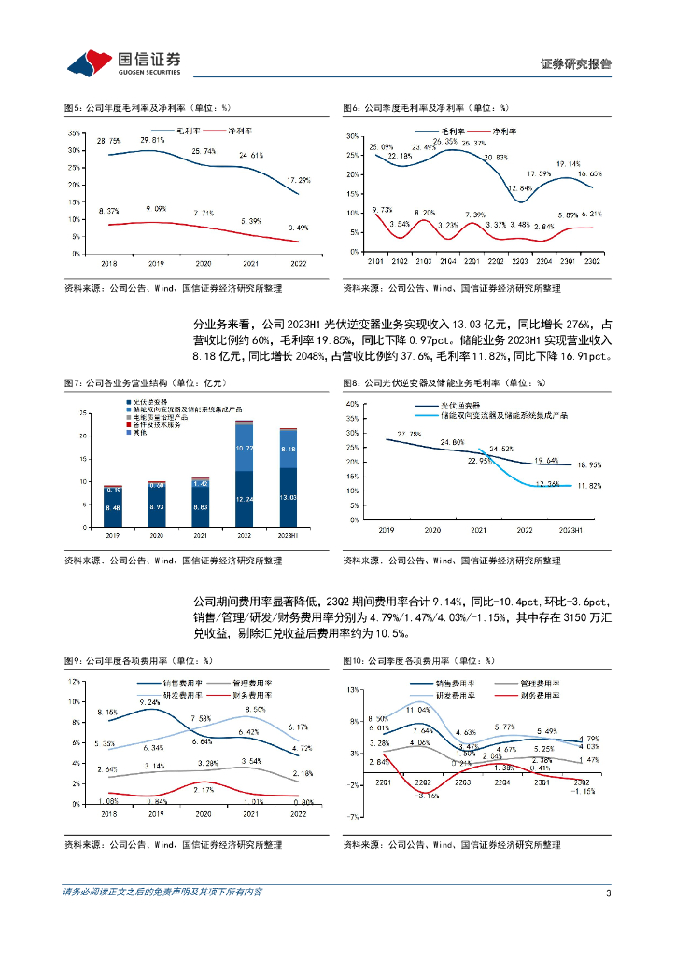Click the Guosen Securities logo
(122, 62)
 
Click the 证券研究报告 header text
(576, 64)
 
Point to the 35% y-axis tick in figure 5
(74, 133)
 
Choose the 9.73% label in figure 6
(381, 210)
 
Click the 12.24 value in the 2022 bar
(245, 500)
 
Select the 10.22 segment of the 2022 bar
(245, 448)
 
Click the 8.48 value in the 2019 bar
(112, 507)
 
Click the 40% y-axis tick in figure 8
(353, 404)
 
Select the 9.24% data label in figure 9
(150, 702)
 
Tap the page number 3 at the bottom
(608, 893)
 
